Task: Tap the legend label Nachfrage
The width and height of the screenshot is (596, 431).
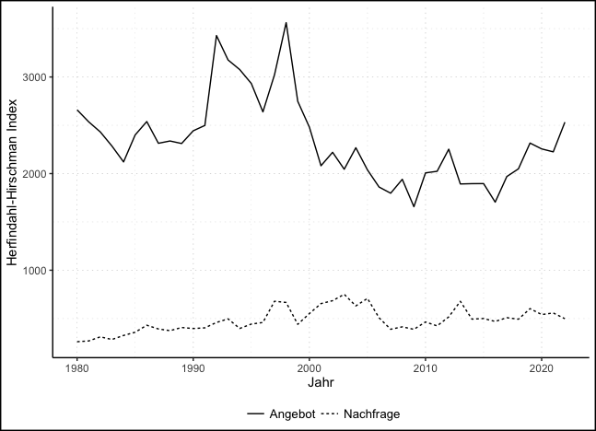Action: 371,414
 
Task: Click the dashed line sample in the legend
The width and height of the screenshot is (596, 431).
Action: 330,414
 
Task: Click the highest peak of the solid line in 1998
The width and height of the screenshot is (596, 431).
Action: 286,22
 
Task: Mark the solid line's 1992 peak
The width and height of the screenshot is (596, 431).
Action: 216,35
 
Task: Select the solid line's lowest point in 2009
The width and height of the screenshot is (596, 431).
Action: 414,206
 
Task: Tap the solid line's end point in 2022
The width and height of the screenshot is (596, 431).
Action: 565,122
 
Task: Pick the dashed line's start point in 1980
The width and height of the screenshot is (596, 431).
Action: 76,343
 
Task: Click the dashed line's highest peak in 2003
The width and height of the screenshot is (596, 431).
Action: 344,295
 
